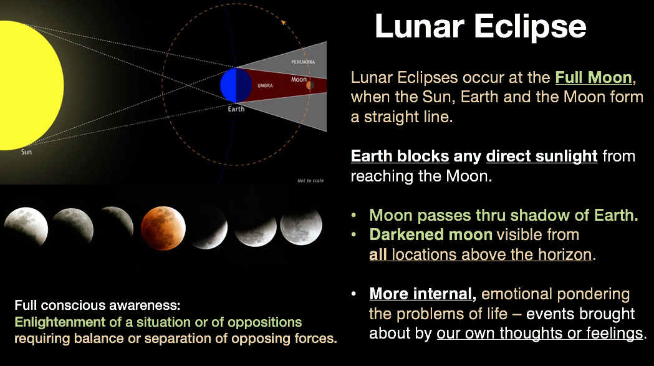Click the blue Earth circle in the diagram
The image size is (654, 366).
[x=236, y=85]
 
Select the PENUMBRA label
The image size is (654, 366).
[x=303, y=62]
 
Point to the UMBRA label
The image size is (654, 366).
[x=265, y=85]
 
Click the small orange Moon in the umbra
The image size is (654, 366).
[x=310, y=85]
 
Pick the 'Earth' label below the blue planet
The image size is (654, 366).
[x=236, y=109]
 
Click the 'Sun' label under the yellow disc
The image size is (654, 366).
[x=26, y=152]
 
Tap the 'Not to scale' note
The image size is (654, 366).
[x=310, y=181]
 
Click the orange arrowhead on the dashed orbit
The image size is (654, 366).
[x=284, y=22]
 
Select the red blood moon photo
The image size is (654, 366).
[x=163, y=228]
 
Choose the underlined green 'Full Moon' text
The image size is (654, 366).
[x=594, y=77]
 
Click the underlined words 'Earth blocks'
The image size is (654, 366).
[x=400, y=156]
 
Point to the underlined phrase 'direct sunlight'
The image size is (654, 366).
[x=541, y=156]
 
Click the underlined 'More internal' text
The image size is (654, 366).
[x=421, y=294]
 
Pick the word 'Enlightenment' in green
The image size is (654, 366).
[x=60, y=322]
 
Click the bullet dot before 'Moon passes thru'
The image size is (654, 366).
[x=353, y=215]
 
